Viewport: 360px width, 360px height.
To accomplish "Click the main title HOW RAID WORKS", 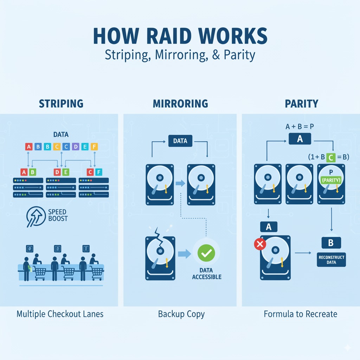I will tap(180, 37).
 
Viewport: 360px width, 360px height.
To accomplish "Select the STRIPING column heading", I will tap(61, 104).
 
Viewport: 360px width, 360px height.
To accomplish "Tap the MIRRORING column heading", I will tap(180, 104).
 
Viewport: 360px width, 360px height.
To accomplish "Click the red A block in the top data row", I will tap(28, 147).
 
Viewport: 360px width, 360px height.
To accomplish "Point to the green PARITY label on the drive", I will tap(332, 180).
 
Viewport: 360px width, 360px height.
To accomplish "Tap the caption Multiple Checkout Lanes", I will tap(60, 314).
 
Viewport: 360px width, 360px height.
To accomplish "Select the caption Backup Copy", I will tap(181, 314).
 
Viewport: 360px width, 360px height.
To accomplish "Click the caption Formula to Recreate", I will tap(300, 314).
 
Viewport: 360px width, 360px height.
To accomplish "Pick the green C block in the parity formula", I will tap(331, 157).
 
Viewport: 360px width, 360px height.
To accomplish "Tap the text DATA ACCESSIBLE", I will tap(206, 274).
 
